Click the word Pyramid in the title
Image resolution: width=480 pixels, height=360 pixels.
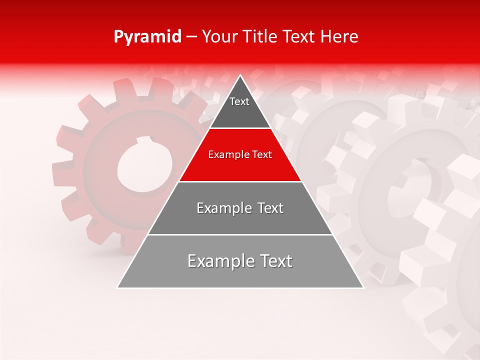[147, 37]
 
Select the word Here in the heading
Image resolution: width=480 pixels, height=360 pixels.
[339, 37]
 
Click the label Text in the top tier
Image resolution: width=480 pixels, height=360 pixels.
[239, 101]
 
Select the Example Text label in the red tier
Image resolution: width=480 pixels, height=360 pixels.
[240, 154]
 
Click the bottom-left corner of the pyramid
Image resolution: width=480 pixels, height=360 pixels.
[117, 287]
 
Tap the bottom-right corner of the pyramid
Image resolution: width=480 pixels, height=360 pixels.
[363, 287]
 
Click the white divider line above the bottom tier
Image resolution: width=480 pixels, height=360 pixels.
[240, 234]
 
